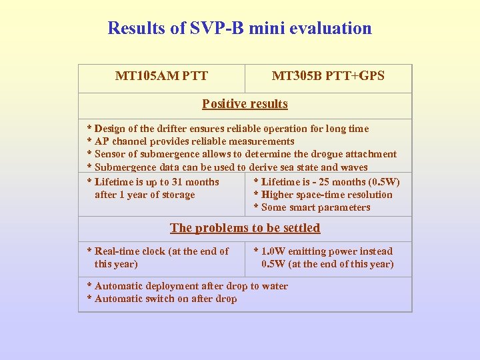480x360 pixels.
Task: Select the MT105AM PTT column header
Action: tap(161, 76)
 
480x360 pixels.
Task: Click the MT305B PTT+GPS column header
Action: tap(328, 76)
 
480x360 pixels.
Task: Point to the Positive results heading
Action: tap(245, 104)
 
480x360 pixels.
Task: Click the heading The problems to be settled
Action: tap(245, 228)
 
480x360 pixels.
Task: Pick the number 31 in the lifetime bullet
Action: tap(177, 182)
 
